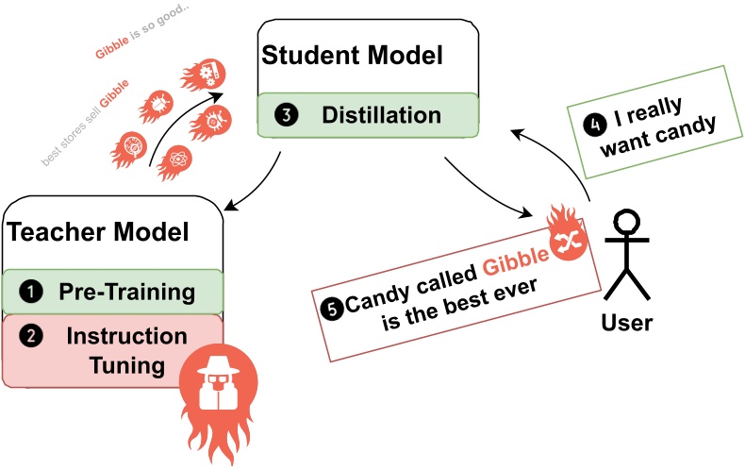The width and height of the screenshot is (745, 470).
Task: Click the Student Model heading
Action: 352,56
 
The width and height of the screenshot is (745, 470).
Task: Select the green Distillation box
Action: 370,116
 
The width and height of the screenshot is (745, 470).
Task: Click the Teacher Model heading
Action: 98,231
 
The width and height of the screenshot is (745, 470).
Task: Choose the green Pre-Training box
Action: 113,291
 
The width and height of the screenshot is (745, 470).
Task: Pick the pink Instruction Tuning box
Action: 113,350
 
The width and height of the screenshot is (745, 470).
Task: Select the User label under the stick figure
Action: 626,323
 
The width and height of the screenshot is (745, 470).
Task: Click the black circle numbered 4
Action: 594,122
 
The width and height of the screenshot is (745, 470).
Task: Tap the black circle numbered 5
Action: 331,307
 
